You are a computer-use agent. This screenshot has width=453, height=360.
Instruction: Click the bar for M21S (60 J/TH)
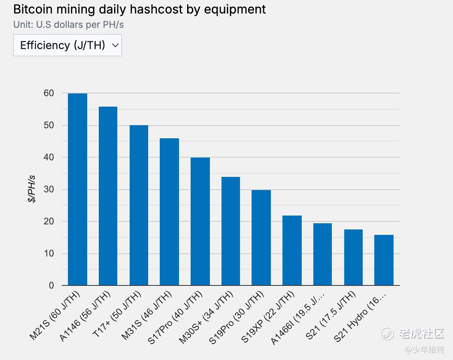point(78,189)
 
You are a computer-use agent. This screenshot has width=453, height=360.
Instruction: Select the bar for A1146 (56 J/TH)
point(108,196)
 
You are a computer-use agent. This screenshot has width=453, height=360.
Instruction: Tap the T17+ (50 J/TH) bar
point(139,205)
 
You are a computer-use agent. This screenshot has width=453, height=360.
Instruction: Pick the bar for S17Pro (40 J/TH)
point(200,221)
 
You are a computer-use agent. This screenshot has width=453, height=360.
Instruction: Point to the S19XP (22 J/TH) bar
point(292,250)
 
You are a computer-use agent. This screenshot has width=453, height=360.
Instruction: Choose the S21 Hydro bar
point(384,260)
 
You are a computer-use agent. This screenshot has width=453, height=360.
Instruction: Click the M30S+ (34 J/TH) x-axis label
point(207,317)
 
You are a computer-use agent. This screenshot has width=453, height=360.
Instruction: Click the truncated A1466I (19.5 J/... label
point(298,318)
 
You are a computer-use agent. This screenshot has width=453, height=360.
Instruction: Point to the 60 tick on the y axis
point(49,93)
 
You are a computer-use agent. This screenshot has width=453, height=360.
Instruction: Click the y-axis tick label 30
point(49,189)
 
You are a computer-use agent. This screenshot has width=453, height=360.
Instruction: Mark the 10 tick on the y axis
point(49,253)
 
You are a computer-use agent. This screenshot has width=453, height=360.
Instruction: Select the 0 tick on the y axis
point(51,285)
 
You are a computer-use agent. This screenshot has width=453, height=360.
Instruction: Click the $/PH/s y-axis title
point(32,189)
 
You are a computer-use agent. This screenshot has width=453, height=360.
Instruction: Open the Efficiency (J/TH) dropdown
point(68,45)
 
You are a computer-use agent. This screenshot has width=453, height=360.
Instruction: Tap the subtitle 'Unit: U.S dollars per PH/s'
point(69,24)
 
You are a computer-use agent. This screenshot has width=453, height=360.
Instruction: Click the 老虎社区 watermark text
point(421,333)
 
